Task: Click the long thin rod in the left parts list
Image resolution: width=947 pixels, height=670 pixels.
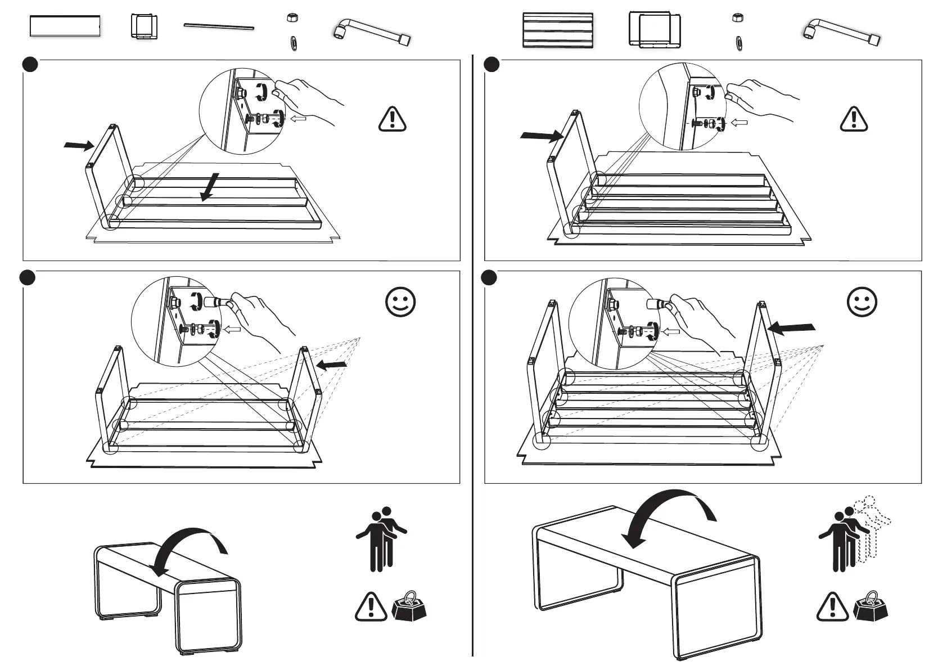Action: pyautogui.click(x=219, y=26)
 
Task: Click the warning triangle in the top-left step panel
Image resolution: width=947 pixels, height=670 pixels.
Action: pyautogui.click(x=393, y=119)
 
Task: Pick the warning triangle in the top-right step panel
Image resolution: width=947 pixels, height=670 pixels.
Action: pyautogui.click(x=853, y=119)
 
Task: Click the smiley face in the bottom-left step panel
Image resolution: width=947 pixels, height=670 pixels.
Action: pyautogui.click(x=400, y=302)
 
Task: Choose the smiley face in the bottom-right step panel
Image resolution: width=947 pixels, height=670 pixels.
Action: pyautogui.click(x=862, y=302)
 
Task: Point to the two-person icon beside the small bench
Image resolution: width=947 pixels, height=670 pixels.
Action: pyautogui.click(x=381, y=539)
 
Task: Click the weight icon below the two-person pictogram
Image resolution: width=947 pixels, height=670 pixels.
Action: pyautogui.click(x=409, y=605)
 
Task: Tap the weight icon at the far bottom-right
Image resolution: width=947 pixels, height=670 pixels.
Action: pyautogui.click(x=871, y=605)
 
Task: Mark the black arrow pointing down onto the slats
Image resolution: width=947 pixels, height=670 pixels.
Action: pyautogui.click(x=210, y=186)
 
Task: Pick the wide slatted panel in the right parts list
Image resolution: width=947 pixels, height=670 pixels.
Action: pyautogui.click(x=557, y=30)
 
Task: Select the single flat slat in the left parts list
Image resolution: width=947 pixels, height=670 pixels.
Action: pyautogui.click(x=65, y=26)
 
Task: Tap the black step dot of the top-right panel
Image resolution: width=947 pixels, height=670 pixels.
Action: pyautogui.click(x=491, y=65)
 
